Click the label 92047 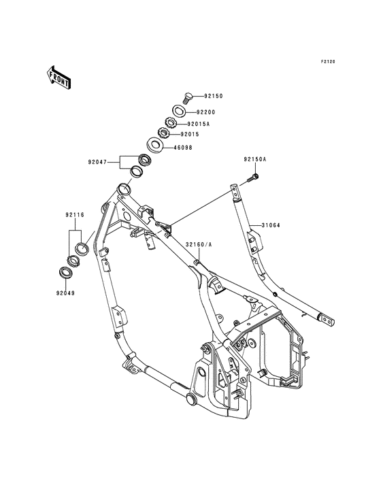point(97,162)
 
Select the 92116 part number point(74,215)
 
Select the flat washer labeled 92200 point(180,110)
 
